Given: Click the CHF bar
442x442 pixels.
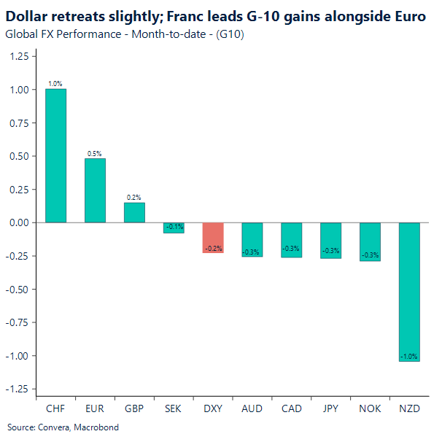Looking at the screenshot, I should coord(55,155).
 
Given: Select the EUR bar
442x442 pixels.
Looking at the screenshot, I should coord(95,190).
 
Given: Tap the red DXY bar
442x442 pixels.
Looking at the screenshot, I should coord(213,238).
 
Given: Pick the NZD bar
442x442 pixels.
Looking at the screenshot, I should coord(409,292).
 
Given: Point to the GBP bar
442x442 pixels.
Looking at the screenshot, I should coord(134,212).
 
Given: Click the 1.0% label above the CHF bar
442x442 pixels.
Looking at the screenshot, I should coord(55,84).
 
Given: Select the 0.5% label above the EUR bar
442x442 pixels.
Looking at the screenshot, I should coord(95,154).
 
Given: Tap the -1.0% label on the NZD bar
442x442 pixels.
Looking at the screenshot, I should coord(409,356).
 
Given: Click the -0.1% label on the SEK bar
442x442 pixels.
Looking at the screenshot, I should coord(174,226).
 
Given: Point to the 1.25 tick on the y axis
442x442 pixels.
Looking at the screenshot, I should coord(21,56).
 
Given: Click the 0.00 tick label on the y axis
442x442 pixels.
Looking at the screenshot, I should coord(21,222).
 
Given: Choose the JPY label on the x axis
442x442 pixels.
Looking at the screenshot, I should coord(330,408).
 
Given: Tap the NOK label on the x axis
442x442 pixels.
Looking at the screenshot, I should coord(370,408).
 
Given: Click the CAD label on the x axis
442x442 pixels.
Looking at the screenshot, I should coord(291,408).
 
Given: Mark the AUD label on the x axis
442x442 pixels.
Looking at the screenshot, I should coord(252,408).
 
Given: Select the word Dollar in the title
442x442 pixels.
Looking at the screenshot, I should coord(28,15).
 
